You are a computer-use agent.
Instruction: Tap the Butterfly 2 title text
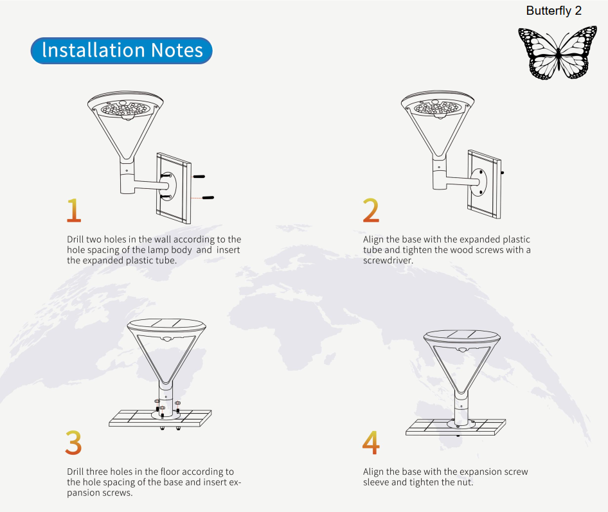point(554,11)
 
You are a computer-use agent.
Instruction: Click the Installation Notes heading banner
point(121,51)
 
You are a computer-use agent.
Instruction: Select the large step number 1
point(74,210)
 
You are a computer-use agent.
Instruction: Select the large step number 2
point(371,210)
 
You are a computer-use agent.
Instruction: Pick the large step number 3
point(73,443)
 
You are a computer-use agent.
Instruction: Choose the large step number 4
point(371,443)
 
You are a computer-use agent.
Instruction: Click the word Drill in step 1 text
point(76,240)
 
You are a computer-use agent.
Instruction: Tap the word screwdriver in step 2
point(388,261)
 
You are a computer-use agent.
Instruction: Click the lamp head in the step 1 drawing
point(126,109)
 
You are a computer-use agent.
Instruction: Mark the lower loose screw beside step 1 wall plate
point(208,197)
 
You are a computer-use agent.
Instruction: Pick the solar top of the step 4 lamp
point(461,335)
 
